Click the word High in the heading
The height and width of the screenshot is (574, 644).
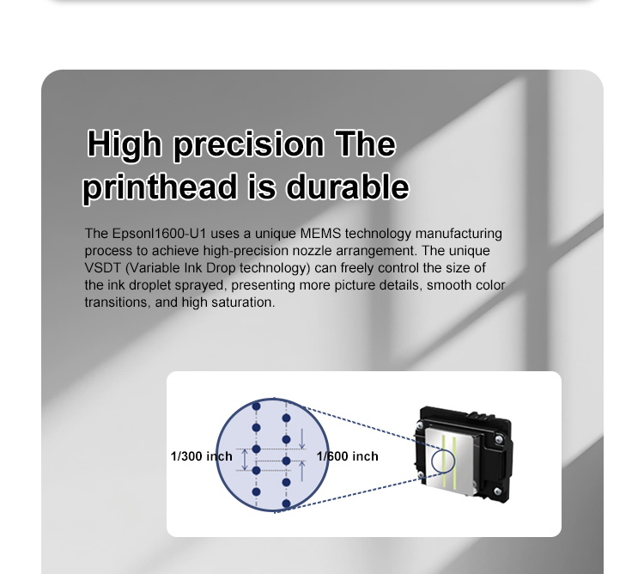tap(124, 143)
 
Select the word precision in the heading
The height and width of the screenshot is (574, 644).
tap(248, 144)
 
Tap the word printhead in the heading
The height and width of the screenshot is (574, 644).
tap(160, 187)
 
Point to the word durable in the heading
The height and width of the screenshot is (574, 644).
tap(347, 186)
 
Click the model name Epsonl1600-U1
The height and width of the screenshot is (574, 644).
tap(159, 234)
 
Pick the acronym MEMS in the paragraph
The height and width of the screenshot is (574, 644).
tap(320, 234)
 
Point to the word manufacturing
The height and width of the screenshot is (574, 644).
tap(459, 234)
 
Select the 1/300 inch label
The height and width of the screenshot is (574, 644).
tap(201, 456)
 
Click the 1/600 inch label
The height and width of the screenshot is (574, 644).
tap(348, 456)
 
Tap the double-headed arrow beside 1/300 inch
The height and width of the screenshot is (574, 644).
tap(245, 460)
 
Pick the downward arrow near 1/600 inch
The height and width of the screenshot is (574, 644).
tap(302, 438)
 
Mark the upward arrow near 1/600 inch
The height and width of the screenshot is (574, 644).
tap(302, 471)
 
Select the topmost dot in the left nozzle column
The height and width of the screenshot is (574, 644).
tap(256, 406)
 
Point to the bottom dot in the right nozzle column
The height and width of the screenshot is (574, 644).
tap(286, 504)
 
